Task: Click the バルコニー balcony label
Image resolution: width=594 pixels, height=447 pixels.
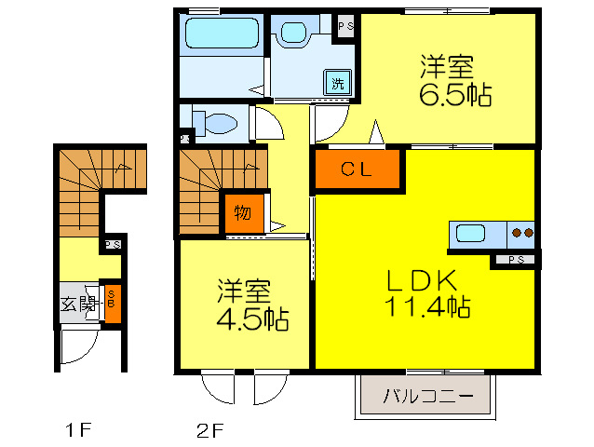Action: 423,397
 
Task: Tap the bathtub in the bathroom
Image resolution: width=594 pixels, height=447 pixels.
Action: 222,34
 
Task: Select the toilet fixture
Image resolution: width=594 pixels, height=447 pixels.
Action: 216,121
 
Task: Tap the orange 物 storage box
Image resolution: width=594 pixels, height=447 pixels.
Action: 241,213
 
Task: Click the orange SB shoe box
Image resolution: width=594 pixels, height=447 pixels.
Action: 112,304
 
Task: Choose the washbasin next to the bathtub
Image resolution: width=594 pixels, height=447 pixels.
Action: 295,34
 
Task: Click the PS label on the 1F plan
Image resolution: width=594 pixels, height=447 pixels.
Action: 112,245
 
